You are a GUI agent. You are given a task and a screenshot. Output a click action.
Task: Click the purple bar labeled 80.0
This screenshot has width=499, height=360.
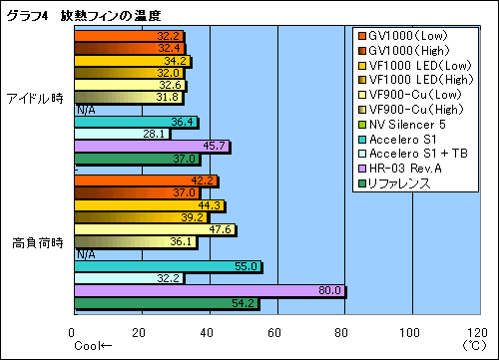tap(210, 290)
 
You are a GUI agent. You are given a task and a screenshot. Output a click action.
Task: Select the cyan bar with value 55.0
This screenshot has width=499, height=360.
tap(167, 266)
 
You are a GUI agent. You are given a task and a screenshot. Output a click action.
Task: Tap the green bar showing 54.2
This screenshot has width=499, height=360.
tap(166, 302)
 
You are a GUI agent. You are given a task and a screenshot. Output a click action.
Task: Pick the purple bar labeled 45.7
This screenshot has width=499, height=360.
tap(151, 147)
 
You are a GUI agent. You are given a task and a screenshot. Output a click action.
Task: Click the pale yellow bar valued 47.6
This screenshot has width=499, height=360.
tap(155, 229)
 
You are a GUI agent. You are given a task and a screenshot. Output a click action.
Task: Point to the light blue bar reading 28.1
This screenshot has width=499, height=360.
tap(121, 134)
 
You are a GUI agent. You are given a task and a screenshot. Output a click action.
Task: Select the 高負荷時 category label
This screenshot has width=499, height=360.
tap(36, 242)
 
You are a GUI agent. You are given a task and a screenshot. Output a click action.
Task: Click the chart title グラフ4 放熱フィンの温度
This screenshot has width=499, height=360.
tap(84, 14)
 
